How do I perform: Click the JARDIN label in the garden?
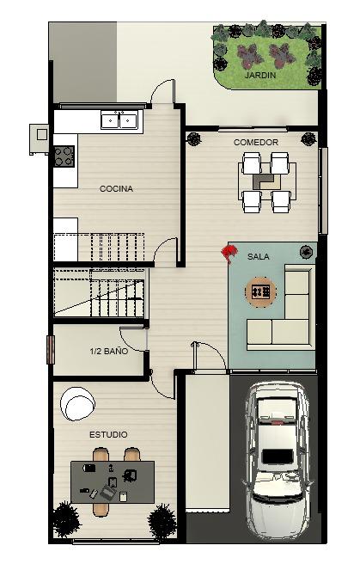(x=259, y=76)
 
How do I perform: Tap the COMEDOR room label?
(x=256, y=142)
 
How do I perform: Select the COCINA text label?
(x=116, y=188)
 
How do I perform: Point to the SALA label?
(x=259, y=257)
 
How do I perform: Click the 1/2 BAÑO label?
(x=108, y=351)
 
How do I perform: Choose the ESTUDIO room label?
(x=108, y=434)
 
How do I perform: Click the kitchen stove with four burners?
(x=64, y=156)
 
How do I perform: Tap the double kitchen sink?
(x=119, y=120)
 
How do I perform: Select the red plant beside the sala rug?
(x=229, y=252)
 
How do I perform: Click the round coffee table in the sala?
(x=260, y=291)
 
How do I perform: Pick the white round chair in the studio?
(x=77, y=404)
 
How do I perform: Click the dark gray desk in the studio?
(x=113, y=482)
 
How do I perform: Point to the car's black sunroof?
(x=278, y=457)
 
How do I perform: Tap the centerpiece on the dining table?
(x=265, y=181)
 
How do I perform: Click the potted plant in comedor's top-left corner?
(x=194, y=138)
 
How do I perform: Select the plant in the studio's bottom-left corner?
(x=66, y=519)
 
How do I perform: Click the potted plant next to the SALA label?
(x=307, y=252)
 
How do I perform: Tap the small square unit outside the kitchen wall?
(x=40, y=139)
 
